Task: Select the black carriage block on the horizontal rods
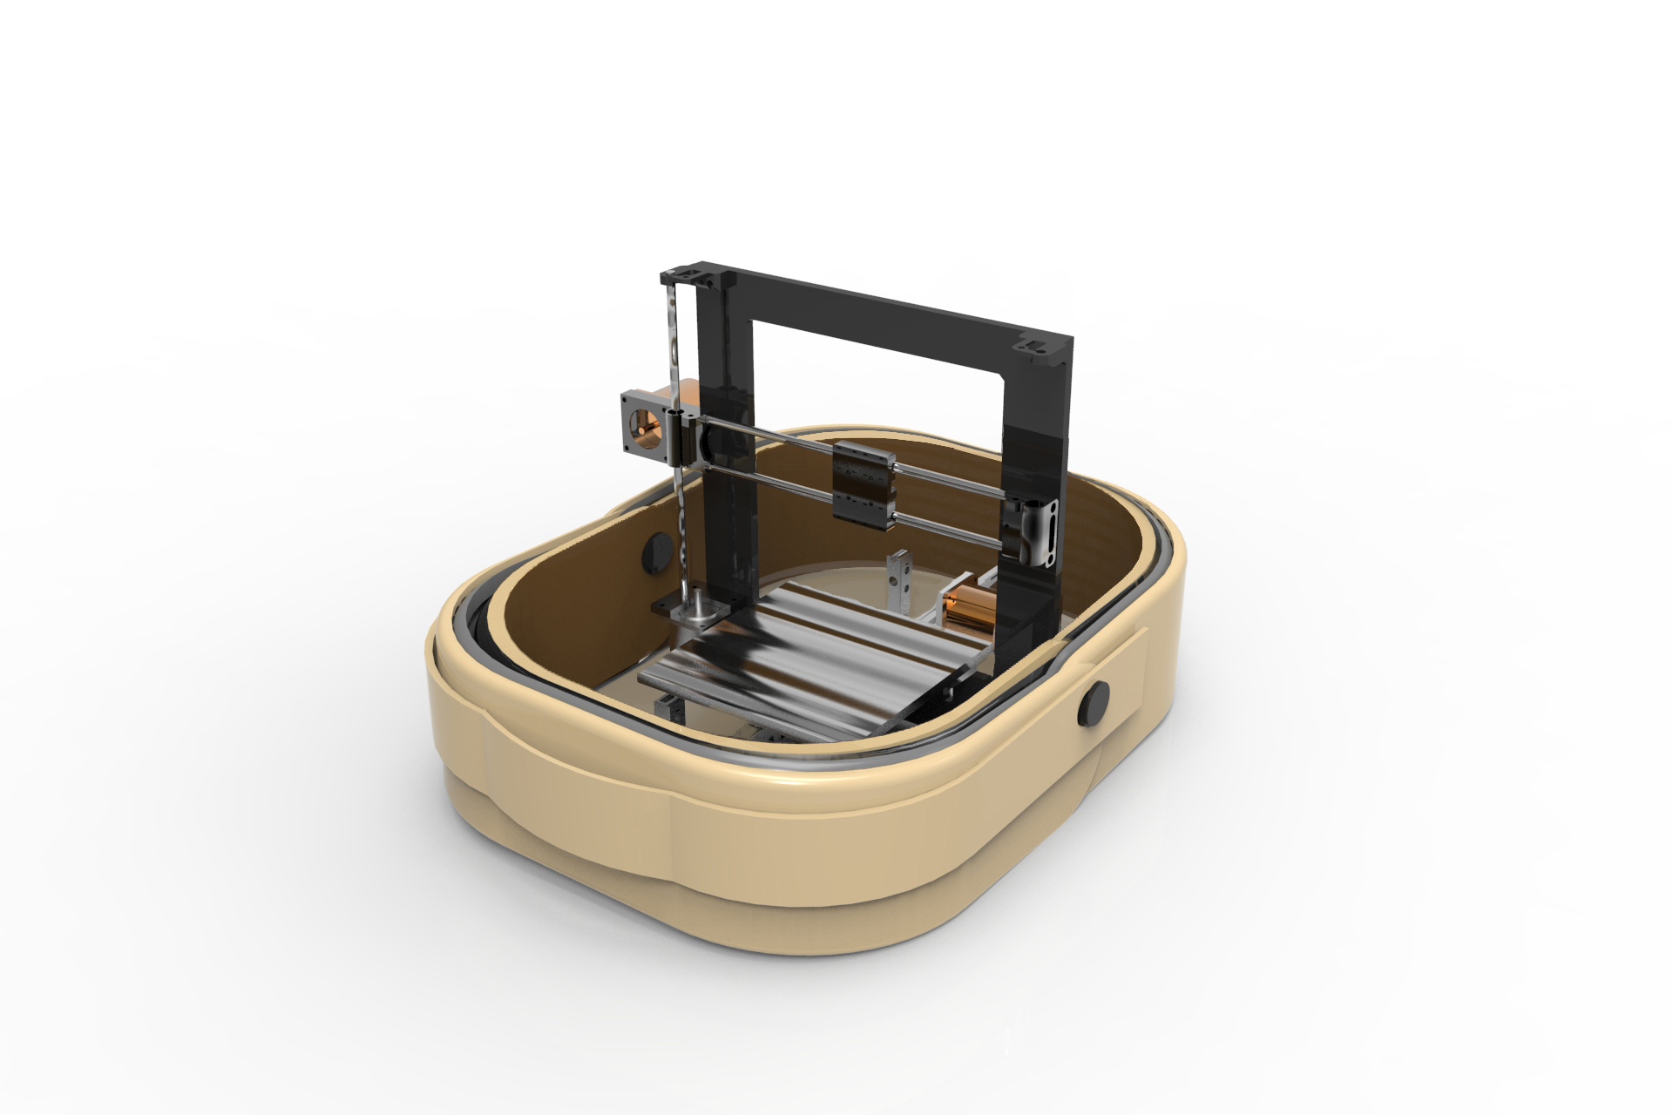[864, 484]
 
